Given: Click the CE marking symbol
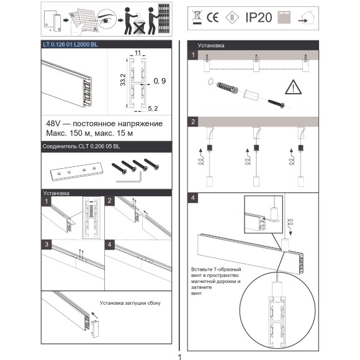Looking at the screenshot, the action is coord(212,17).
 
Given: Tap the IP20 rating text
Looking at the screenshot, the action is coord(259,17).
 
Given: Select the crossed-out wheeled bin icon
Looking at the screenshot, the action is coord(197,17).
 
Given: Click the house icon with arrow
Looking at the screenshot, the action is coord(307,17).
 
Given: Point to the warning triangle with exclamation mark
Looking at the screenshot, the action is coord(293,88).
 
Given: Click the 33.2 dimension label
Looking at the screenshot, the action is coord(123,80).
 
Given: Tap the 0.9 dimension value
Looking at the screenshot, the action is coord(160,81).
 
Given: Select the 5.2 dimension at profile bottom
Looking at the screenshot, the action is coord(153,109).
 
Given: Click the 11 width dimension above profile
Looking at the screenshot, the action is coord(138,53).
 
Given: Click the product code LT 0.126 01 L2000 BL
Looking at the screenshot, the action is coord(70,45).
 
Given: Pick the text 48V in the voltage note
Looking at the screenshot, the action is coord(53,124).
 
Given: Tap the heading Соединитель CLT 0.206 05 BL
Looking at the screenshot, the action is coord(81,146).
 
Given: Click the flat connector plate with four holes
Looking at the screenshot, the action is coord(76,171).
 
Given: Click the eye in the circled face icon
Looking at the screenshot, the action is coord(106,21).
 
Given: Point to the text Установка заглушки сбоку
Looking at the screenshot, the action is coord(130,303).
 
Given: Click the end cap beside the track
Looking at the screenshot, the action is coord(96,329).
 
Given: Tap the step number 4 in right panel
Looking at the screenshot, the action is coord(193,198).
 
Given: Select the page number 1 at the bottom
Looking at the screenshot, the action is coord(179,357).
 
